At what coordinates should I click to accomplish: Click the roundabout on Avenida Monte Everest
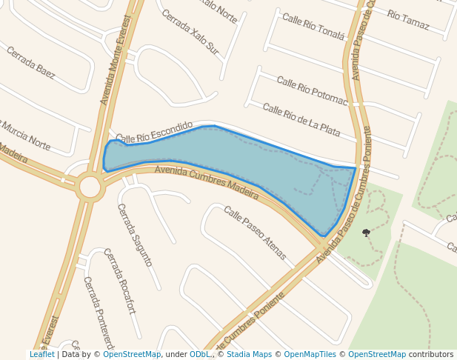click(90, 187)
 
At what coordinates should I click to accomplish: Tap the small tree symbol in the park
click(366, 233)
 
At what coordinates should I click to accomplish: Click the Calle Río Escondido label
click(154, 132)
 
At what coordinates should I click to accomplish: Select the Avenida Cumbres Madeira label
click(207, 181)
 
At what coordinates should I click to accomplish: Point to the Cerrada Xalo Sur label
click(190, 32)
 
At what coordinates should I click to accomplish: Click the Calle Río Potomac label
click(312, 90)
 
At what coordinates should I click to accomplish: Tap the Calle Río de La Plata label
click(301, 120)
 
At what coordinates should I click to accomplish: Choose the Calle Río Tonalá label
click(313, 26)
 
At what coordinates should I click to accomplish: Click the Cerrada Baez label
click(30, 62)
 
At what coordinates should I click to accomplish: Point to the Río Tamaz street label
click(407, 20)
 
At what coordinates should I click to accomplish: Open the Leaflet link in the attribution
click(42, 355)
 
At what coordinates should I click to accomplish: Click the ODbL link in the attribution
click(200, 355)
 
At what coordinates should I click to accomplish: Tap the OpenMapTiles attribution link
click(310, 355)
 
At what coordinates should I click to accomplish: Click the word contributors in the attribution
click(431, 355)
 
